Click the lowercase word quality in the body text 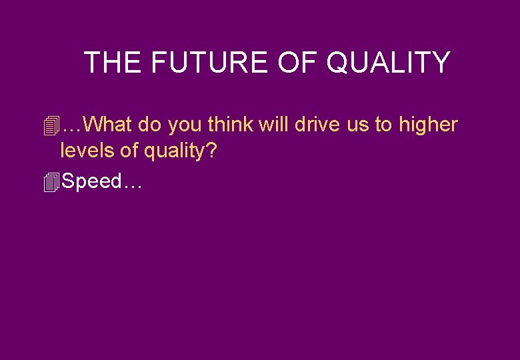174,152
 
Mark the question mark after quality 211,151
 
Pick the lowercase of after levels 129,151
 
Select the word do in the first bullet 149,124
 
